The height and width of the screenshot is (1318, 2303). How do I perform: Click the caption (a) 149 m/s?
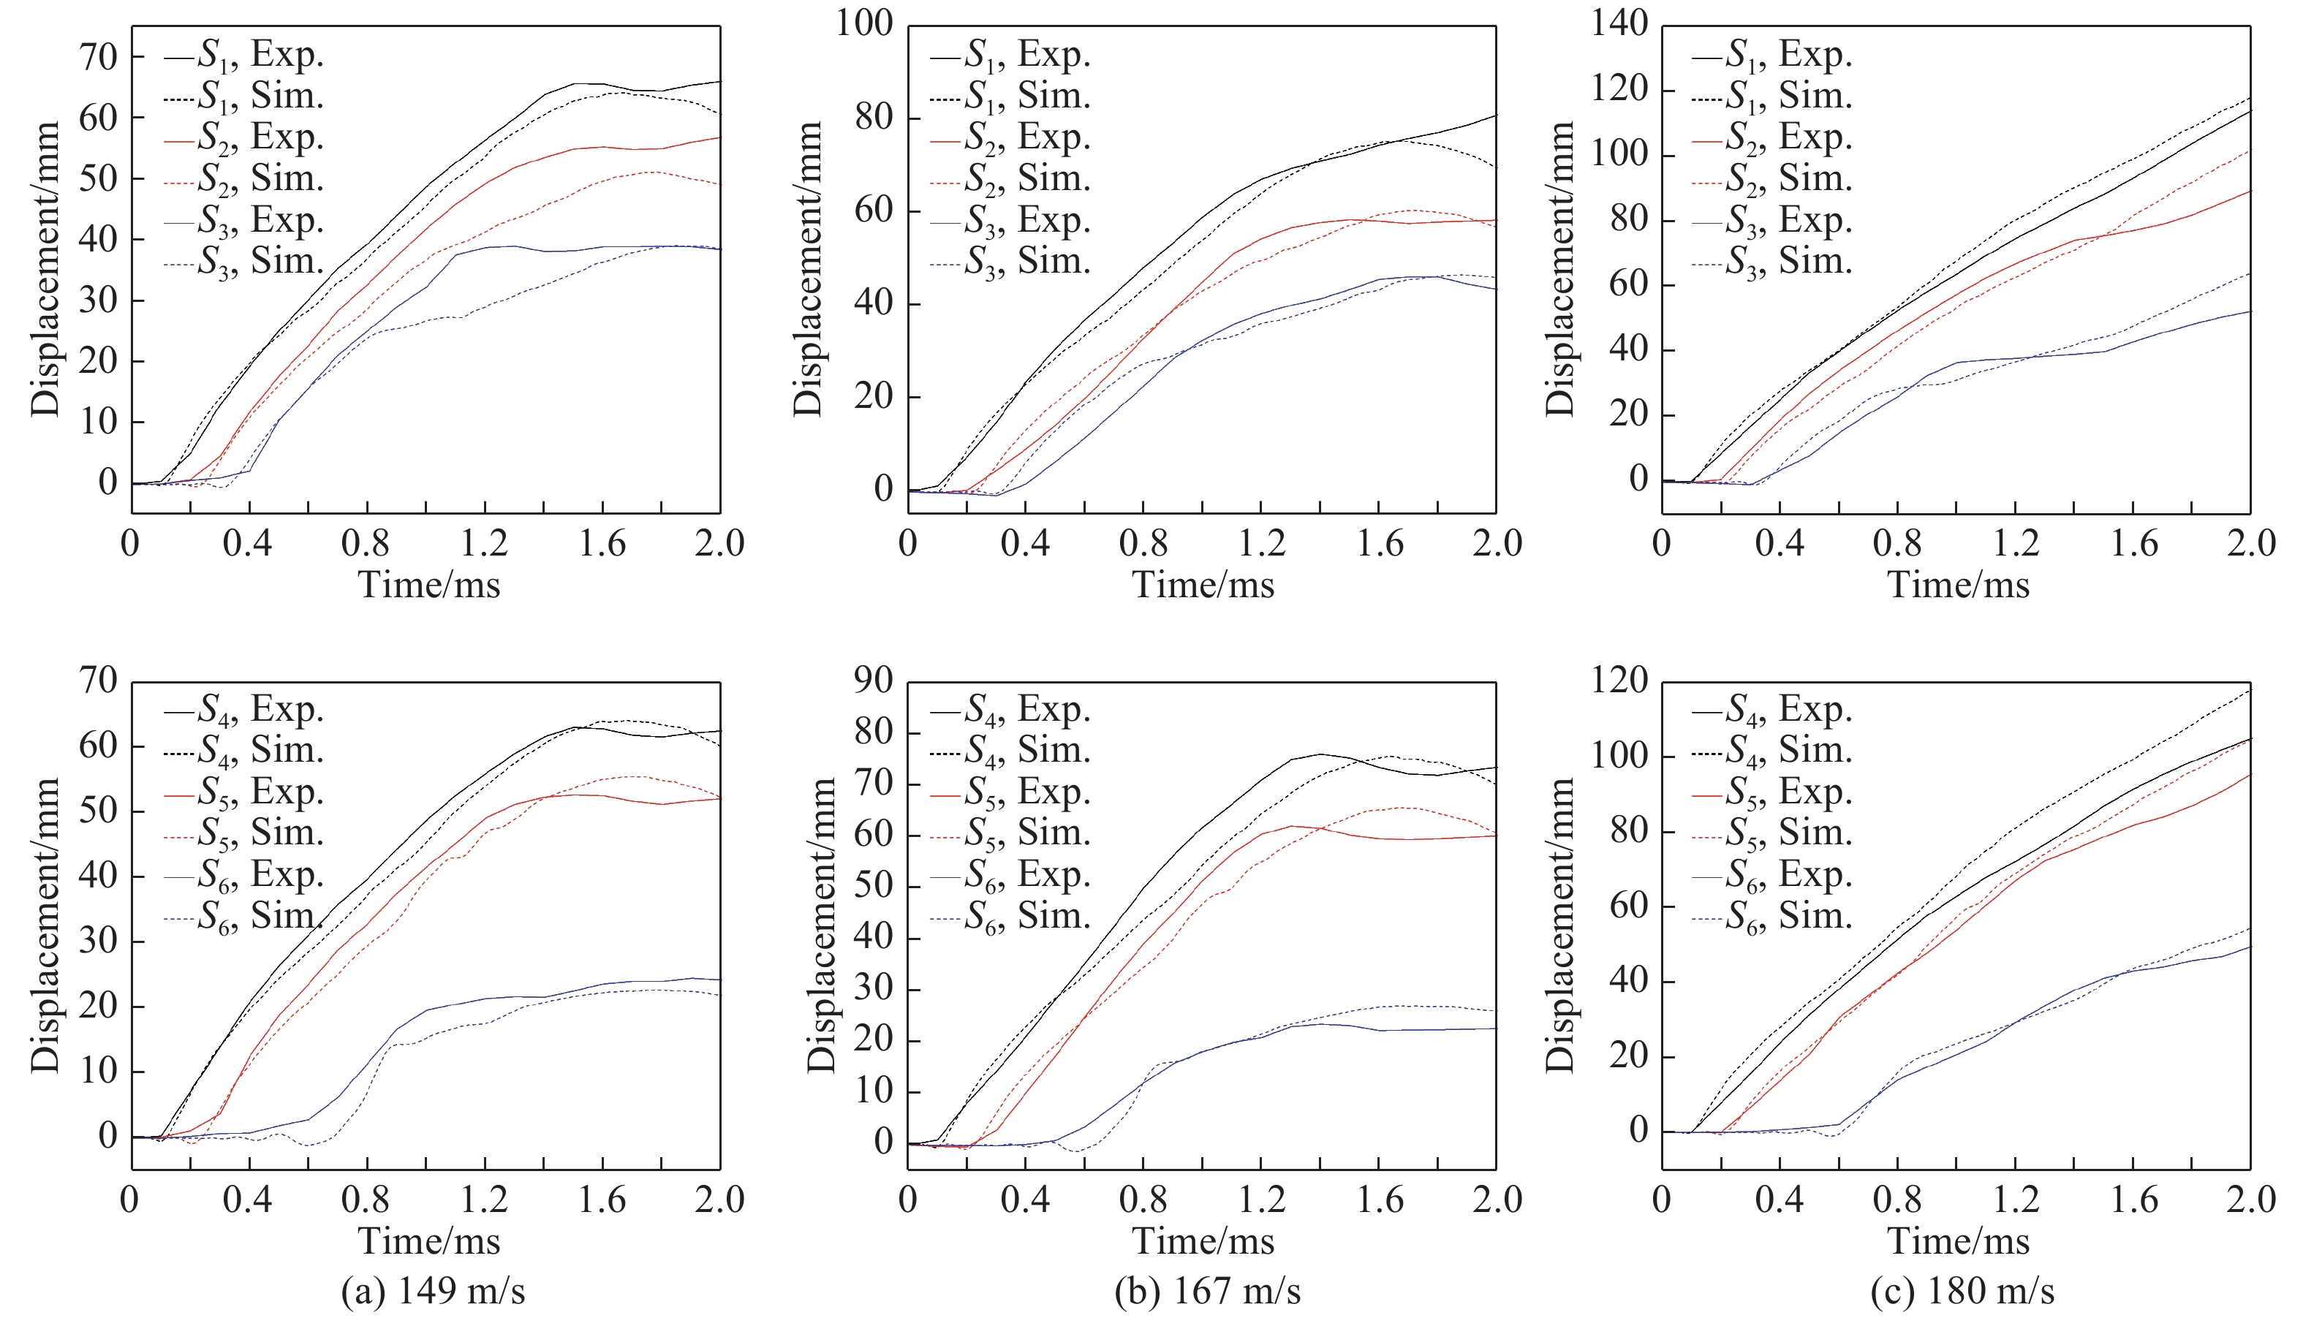point(433,1291)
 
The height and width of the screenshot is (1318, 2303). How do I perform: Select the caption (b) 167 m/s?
point(1208,1291)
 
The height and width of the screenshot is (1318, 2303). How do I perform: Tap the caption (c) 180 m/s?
point(1962,1291)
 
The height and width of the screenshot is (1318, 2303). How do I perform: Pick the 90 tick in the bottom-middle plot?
point(874,680)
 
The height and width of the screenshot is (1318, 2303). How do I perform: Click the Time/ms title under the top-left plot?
point(429,585)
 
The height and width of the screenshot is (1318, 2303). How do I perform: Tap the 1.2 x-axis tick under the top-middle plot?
point(1261,543)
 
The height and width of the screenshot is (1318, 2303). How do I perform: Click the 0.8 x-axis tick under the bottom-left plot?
point(366,1200)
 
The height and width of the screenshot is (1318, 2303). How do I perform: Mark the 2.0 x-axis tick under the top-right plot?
point(2250,543)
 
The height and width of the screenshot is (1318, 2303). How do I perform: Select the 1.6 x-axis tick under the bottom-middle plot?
point(1380,1200)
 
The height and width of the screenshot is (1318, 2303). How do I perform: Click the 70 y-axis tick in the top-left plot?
point(99,57)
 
